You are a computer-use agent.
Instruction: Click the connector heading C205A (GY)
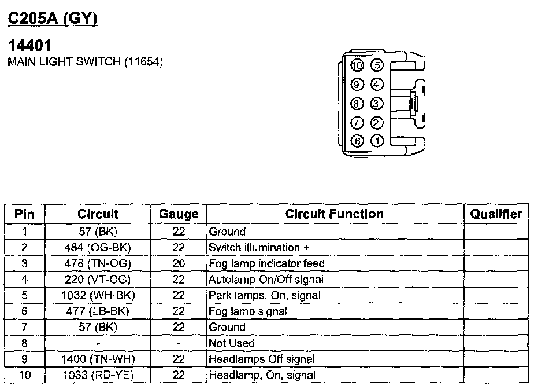tap(52, 19)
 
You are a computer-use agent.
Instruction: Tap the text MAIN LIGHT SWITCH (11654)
tap(85, 61)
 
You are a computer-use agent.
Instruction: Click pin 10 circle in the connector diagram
tap(358, 65)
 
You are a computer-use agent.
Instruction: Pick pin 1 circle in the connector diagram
tap(377, 141)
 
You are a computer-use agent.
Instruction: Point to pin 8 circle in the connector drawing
tap(358, 104)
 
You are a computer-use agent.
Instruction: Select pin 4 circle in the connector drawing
tap(377, 85)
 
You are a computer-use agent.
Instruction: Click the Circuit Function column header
tap(335, 214)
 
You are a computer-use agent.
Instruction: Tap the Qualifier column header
tap(496, 214)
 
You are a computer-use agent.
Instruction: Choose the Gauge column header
tap(179, 214)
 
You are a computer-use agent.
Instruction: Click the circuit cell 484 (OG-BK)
tap(98, 248)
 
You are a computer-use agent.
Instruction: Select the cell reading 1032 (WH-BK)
tap(98, 295)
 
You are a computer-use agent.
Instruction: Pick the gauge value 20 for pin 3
tap(179, 263)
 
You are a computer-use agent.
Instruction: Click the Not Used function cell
tap(232, 343)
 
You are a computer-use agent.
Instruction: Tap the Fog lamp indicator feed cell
tap(266, 263)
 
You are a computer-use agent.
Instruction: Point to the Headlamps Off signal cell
tap(262, 359)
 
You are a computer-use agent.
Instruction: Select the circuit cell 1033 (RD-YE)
tap(98, 375)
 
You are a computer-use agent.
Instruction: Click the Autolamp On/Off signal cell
tap(266, 280)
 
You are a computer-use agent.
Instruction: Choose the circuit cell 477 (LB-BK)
tap(98, 311)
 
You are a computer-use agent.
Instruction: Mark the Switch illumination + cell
tap(254, 248)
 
